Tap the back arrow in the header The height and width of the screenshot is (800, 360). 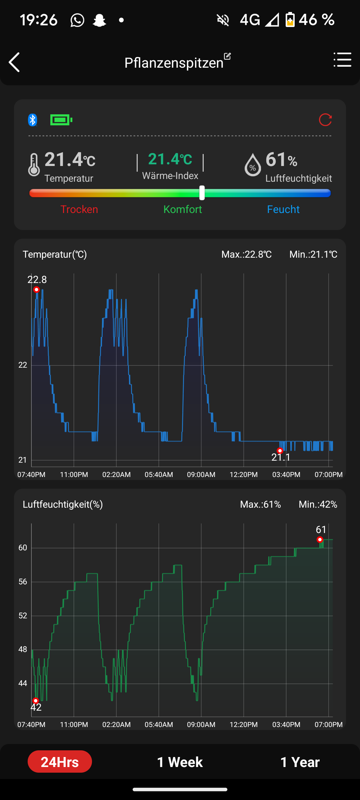[14, 62]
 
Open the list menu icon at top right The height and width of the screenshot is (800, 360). [342, 60]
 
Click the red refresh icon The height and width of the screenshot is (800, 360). [325, 120]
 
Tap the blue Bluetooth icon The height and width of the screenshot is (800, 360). [32, 120]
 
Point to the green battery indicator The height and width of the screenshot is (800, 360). [61, 120]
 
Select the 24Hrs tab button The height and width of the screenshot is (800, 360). [60, 762]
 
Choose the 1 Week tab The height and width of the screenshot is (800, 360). [180, 762]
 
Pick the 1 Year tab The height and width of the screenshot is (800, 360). [300, 762]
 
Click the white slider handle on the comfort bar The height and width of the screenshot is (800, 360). [202, 193]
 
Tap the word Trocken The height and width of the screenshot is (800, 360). [79, 209]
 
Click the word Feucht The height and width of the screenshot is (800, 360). [283, 209]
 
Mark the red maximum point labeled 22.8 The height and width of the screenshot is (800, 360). [37, 289]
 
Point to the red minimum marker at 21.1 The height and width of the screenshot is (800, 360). [280, 451]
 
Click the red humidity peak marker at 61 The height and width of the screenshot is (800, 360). [320, 539]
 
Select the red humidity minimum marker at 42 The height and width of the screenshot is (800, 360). [36, 701]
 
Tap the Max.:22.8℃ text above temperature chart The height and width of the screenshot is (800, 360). [246, 255]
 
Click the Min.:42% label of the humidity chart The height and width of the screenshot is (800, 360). [318, 504]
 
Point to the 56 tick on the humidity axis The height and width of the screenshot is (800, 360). [23, 582]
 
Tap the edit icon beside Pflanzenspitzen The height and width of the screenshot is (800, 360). [227, 56]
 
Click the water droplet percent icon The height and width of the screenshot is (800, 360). [253, 165]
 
